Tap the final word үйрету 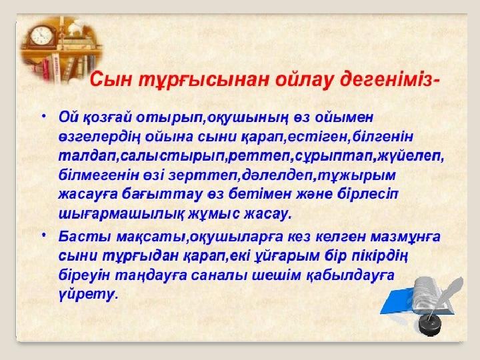pos(88,294)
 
